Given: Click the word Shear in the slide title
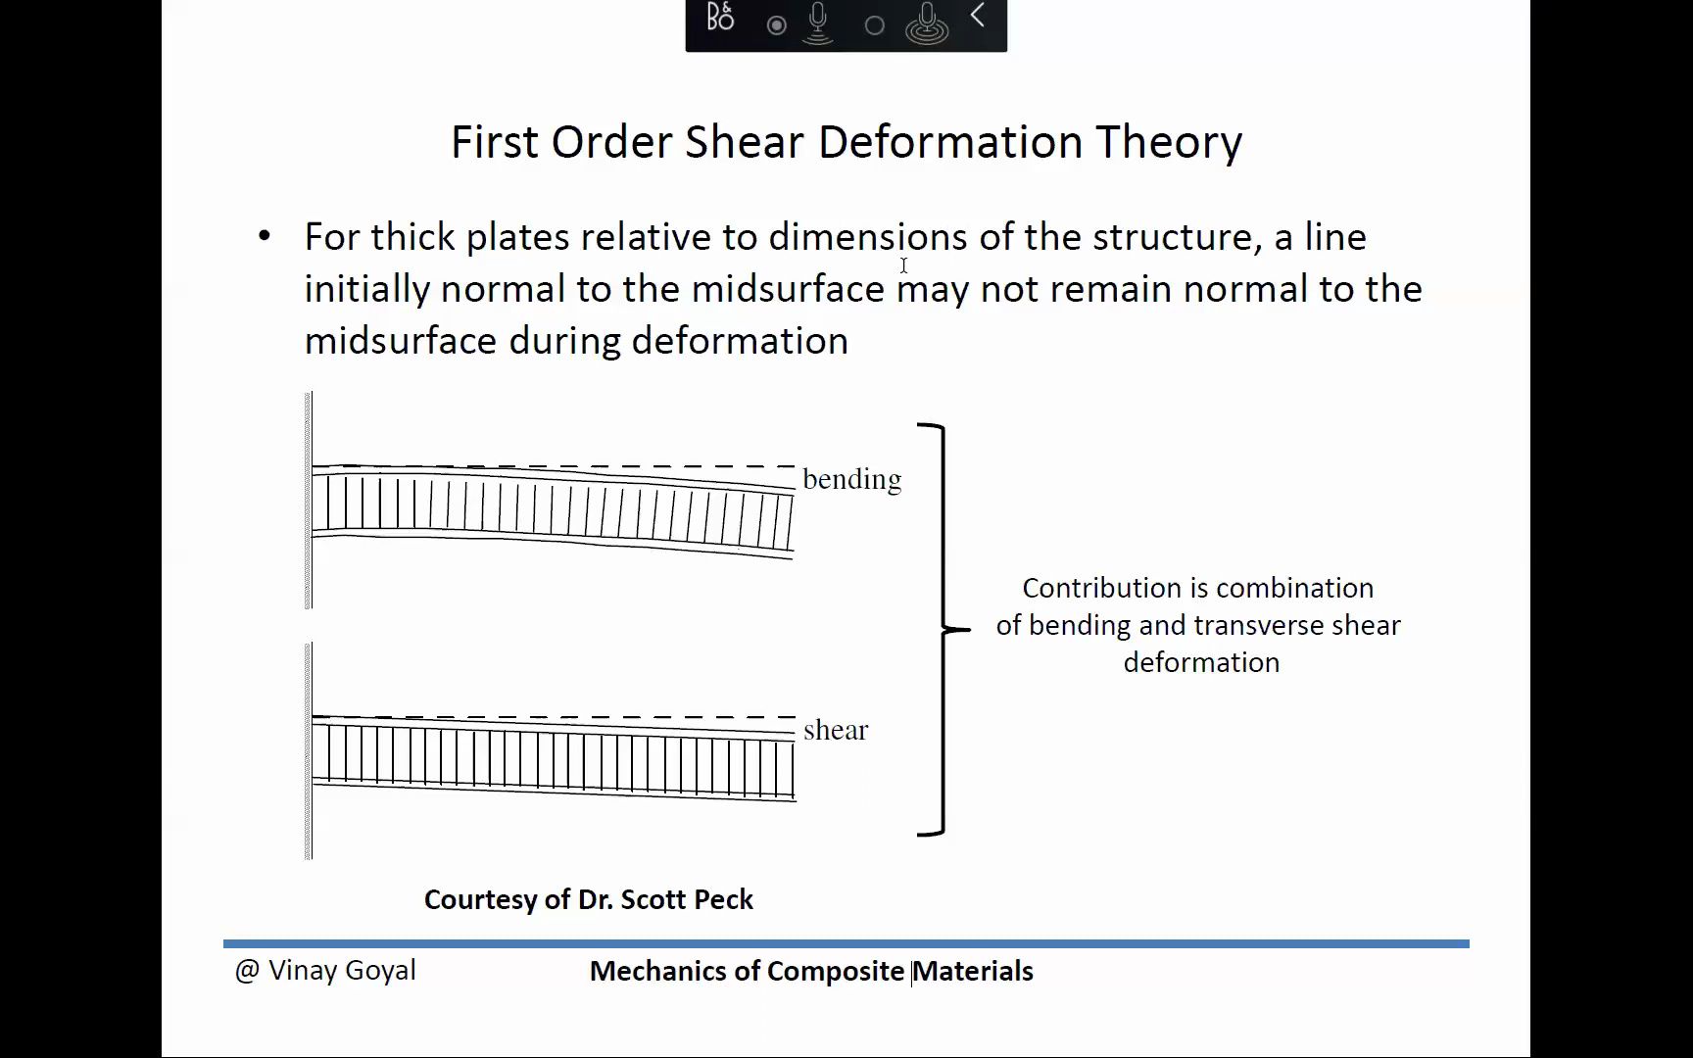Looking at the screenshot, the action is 746,142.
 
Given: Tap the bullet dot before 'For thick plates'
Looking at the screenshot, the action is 264,236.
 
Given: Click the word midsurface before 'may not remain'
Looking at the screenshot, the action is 788,289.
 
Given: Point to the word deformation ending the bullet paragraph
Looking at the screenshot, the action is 740,341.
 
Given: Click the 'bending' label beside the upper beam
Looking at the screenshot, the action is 851,480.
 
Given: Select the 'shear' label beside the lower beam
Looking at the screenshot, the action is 836,730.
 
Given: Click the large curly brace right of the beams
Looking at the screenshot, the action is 943,629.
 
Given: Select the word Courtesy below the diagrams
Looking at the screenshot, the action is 479,900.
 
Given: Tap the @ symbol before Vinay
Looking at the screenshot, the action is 247,971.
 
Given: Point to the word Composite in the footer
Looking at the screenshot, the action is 836,972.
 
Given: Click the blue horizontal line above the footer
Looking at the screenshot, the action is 846,943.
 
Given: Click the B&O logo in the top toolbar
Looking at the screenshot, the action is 720,18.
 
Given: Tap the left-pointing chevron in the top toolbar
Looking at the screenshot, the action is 977,16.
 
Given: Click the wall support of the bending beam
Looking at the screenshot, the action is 309,501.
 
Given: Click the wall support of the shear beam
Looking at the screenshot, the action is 309,751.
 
